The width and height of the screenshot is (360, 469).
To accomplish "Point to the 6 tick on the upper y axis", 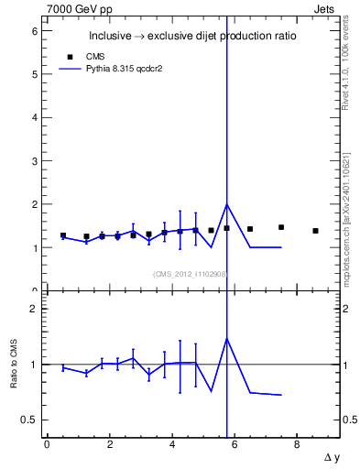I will (36, 30).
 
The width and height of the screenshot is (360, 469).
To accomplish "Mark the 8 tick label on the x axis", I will (297, 445).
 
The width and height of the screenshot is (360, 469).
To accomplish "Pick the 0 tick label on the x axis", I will (47, 445).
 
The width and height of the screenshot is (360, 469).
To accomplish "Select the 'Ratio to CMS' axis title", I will (14, 365).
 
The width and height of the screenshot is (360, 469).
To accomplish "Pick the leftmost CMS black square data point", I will (63, 235).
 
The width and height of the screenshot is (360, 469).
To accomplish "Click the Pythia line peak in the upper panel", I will (226, 204).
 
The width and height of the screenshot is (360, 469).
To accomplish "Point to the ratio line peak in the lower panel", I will (226, 338).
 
